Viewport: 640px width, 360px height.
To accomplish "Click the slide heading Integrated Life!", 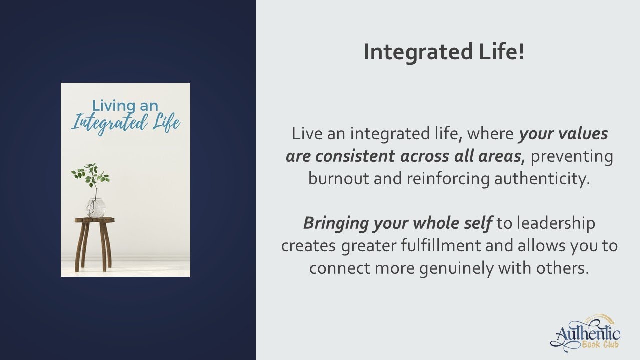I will coord(444,52).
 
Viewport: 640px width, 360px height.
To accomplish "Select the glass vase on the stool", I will coord(96,208).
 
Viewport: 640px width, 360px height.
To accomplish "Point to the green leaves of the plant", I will coord(90,175).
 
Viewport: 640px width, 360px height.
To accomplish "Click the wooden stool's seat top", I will coord(95,220).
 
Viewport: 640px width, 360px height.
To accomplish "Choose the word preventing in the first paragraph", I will coord(571,156).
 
